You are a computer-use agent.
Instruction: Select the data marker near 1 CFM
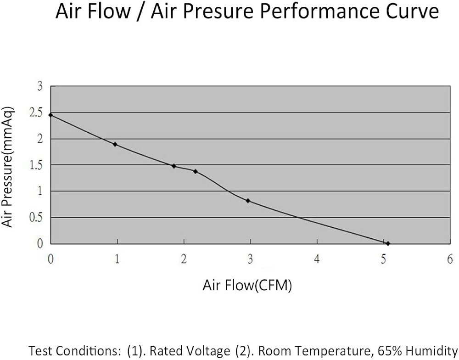115,144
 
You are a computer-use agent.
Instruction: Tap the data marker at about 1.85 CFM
174,166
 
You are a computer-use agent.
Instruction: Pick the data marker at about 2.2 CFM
196,171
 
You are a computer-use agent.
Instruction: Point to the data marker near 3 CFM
248,201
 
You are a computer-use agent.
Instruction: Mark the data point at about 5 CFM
388,243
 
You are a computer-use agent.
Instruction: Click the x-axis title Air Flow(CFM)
247,286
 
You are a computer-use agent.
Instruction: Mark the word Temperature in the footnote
330,351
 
